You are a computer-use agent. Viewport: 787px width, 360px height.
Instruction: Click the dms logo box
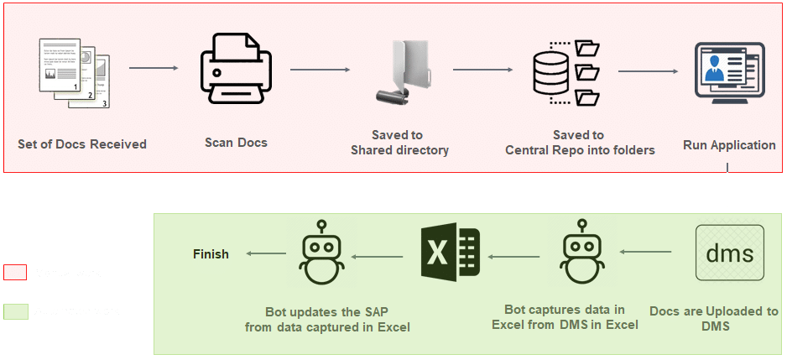(729, 253)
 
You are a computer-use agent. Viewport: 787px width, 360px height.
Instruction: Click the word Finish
(211, 253)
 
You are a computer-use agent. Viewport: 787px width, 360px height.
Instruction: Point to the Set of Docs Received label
(82, 144)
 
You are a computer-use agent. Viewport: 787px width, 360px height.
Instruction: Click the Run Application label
(729, 145)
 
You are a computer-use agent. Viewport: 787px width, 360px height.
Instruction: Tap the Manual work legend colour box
(14, 273)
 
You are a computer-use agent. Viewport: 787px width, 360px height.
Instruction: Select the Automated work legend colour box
(14, 311)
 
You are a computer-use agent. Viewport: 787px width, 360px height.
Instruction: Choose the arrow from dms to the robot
(646, 252)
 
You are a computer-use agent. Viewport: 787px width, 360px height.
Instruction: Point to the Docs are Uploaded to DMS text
(714, 318)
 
